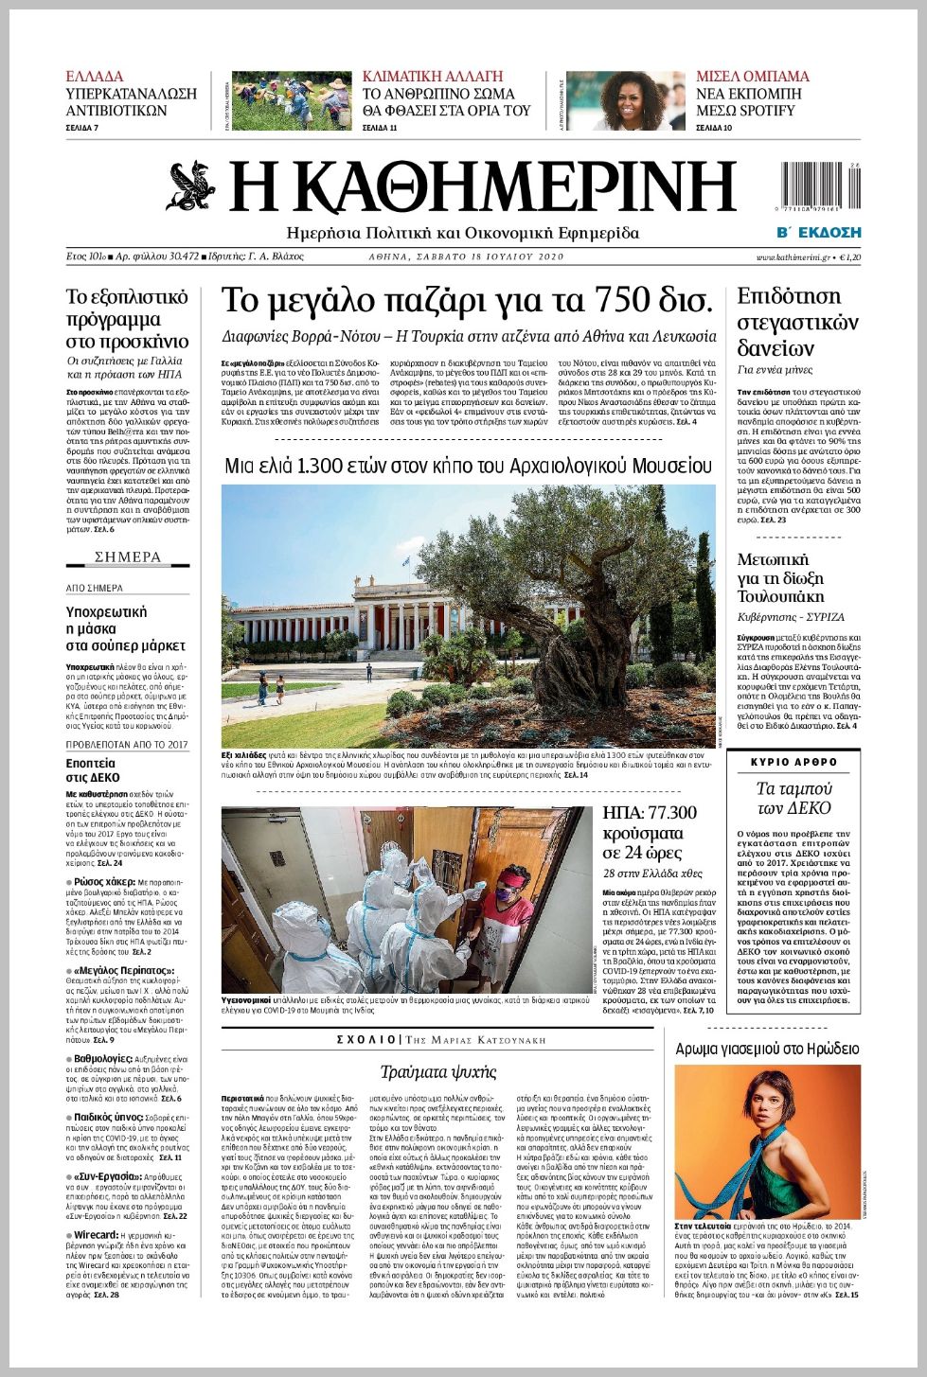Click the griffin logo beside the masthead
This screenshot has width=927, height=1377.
click(192, 186)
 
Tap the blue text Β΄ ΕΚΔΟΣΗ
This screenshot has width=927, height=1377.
click(818, 232)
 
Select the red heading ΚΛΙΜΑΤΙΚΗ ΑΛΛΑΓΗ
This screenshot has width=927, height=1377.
click(433, 76)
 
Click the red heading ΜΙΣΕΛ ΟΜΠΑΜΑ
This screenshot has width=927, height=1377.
click(753, 76)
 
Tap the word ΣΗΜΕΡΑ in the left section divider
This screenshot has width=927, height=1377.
click(128, 556)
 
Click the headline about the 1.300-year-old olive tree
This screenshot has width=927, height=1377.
click(468, 466)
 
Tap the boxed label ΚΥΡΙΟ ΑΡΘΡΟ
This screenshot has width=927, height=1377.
click(793, 762)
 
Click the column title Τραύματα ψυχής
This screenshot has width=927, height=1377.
click(438, 1072)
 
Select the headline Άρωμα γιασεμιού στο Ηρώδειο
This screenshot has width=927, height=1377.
click(767, 1049)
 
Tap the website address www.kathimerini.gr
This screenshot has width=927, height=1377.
click(793, 256)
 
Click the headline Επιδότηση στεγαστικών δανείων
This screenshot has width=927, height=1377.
click(797, 322)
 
